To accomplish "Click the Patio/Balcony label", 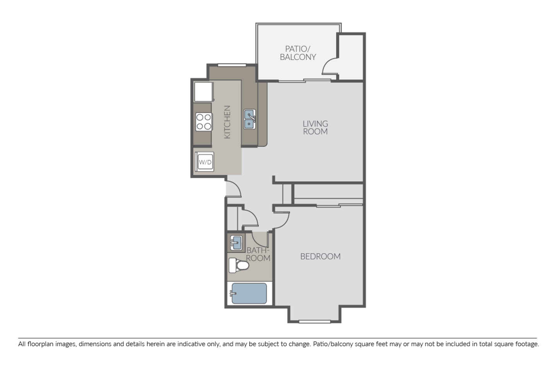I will [x=298, y=53].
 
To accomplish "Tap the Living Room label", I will [x=315, y=128].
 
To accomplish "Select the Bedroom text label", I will [x=320, y=256].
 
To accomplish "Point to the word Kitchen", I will [x=227, y=122].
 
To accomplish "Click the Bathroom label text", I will [x=258, y=254].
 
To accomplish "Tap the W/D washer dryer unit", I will [x=205, y=162].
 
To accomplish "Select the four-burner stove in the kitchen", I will [x=204, y=121].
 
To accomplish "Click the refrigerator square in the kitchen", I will [x=203, y=92].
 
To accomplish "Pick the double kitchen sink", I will [x=250, y=119].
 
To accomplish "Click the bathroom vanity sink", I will [x=235, y=242].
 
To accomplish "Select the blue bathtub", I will [x=248, y=294].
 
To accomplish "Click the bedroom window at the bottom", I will [x=315, y=321].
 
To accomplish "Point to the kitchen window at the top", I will [x=232, y=65].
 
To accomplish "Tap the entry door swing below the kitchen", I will [x=233, y=189].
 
